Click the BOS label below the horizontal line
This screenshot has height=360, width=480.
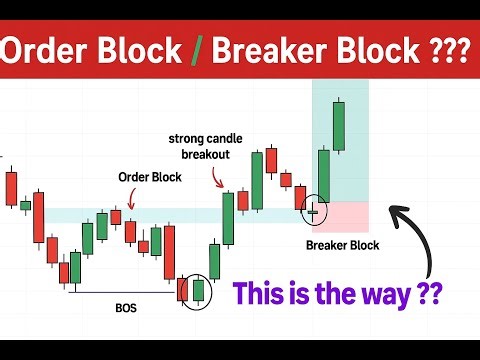click(x=126, y=309)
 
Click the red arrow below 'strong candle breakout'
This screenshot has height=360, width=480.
click(x=218, y=179)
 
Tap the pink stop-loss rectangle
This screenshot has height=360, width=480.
click(x=341, y=215)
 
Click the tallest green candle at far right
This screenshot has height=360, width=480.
click(x=340, y=125)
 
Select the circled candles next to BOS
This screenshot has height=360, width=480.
click(x=197, y=288)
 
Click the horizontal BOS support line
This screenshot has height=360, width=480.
click(x=120, y=293)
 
